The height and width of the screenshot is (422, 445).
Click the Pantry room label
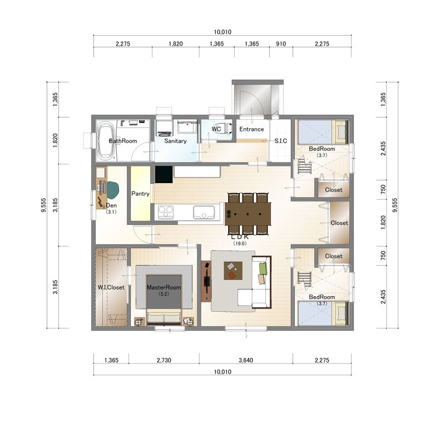click(x=140, y=194)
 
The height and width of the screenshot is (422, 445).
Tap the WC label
click(x=216, y=129)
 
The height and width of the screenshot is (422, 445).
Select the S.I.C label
click(x=281, y=141)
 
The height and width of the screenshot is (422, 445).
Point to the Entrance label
click(x=251, y=129)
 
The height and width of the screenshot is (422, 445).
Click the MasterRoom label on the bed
click(x=164, y=287)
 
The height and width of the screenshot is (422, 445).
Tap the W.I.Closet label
click(x=111, y=287)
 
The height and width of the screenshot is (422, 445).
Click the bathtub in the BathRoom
click(x=106, y=141)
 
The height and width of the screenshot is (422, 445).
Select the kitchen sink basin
click(x=204, y=213)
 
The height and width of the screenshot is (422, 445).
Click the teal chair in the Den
click(x=113, y=190)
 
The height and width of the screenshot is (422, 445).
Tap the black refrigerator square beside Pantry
click(x=164, y=174)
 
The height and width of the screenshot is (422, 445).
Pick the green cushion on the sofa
click(x=263, y=269)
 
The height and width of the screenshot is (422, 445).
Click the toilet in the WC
click(x=227, y=128)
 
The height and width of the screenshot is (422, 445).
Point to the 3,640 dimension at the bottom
click(x=246, y=360)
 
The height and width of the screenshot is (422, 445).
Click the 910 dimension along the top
click(x=281, y=44)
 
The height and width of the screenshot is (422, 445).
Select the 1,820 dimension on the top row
click(x=176, y=44)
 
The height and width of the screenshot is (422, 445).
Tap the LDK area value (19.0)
click(x=240, y=243)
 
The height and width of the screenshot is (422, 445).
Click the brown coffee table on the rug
click(x=233, y=271)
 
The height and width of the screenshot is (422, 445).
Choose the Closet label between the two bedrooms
click(x=339, y=223)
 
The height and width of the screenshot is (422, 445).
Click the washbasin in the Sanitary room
click(x=187, y=127)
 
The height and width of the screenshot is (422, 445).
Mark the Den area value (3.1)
click(x=111, y=212)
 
